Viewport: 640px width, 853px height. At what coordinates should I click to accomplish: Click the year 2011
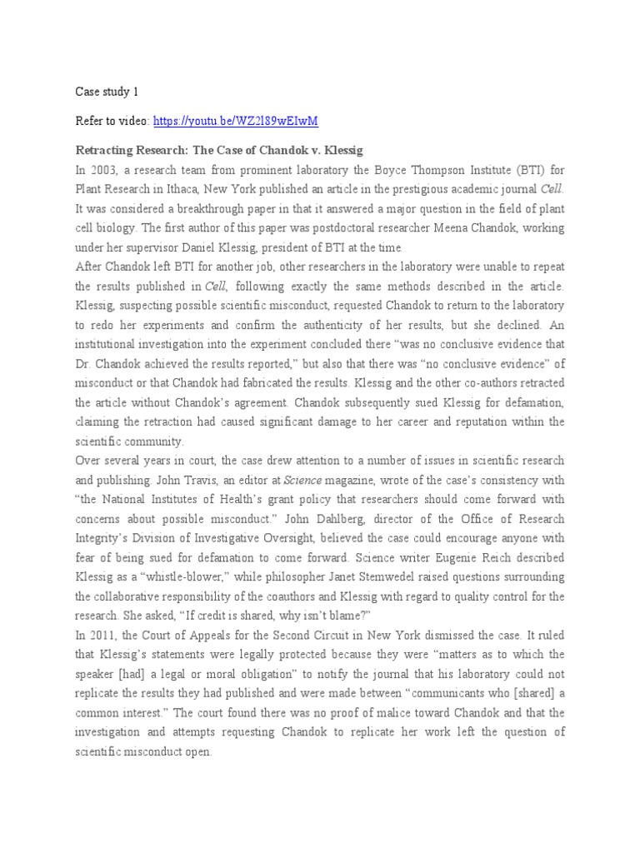point(103,636)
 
